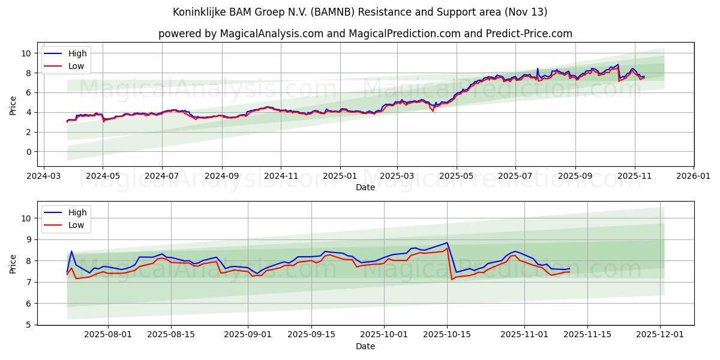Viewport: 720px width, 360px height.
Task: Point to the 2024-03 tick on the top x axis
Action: point(43,176)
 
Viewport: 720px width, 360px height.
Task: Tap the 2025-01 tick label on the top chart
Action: point(340,176)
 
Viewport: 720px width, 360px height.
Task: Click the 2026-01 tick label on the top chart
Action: point(694,176)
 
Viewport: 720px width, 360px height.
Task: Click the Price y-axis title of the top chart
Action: point(13,105)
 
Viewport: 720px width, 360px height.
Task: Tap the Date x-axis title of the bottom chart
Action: point(365,346)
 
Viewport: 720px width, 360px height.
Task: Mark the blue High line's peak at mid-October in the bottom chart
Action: point(447,243)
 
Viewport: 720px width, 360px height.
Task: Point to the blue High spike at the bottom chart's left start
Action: point(71,251)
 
